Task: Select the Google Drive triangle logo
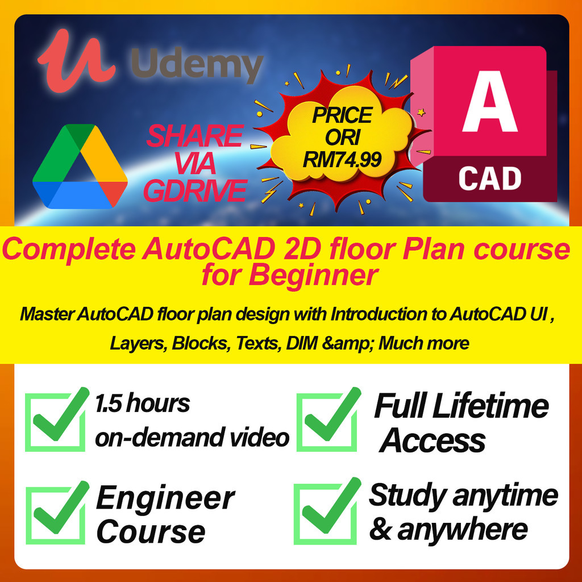tap(80, 167)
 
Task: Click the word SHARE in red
tap(196, 136)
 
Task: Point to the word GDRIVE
tap(196, 191)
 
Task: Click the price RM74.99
tap(342, 160)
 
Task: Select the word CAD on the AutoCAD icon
tap(490, 178)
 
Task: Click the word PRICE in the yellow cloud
tap(342, 115)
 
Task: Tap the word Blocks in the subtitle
tap(200, 343)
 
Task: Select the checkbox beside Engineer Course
tap(56, 514)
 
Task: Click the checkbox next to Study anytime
tap(326, 512)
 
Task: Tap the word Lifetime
tap(490, 406)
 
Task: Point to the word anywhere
tap(463, 530)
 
